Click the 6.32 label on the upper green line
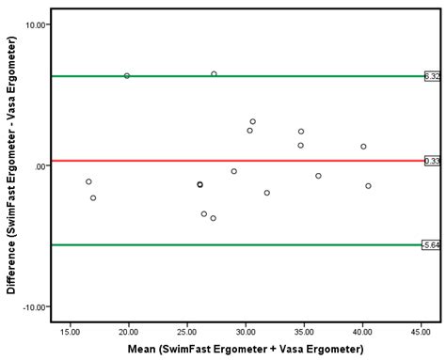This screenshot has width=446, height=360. (x=432, y=76)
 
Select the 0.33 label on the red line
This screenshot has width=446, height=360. (x=432, y=161)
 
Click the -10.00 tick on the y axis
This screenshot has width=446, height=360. (x=35, y=307)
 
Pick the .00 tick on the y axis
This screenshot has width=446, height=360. (x=40, y=166)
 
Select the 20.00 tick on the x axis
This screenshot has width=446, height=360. (x=129, y=331)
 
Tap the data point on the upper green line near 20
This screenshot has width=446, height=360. (x=127, y=76)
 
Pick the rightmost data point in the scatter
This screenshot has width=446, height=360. (x=368, y=186)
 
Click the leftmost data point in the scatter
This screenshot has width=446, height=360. (x=88, y=182)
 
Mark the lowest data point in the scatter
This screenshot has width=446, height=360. (x=214, y=218)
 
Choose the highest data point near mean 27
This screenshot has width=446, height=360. (x=214, y=74)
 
